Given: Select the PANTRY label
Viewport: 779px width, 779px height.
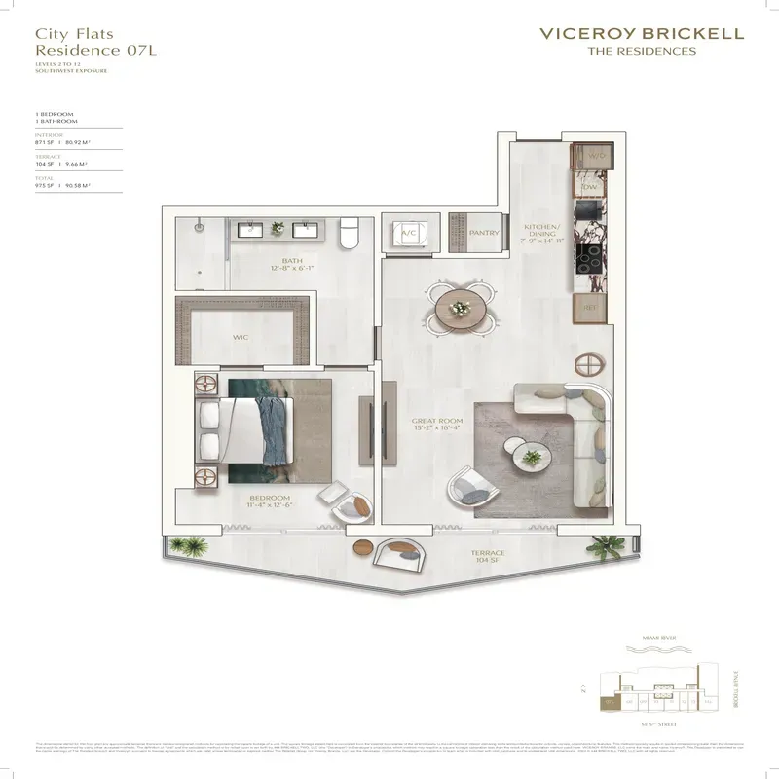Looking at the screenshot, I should [484, 234].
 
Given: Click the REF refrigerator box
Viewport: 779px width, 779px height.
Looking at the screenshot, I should [589, 307].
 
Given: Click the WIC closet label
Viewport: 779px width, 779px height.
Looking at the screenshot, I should [241, 337].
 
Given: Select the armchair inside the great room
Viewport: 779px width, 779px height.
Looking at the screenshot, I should [469, 482].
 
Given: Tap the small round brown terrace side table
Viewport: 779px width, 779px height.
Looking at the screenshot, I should [363, 546].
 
